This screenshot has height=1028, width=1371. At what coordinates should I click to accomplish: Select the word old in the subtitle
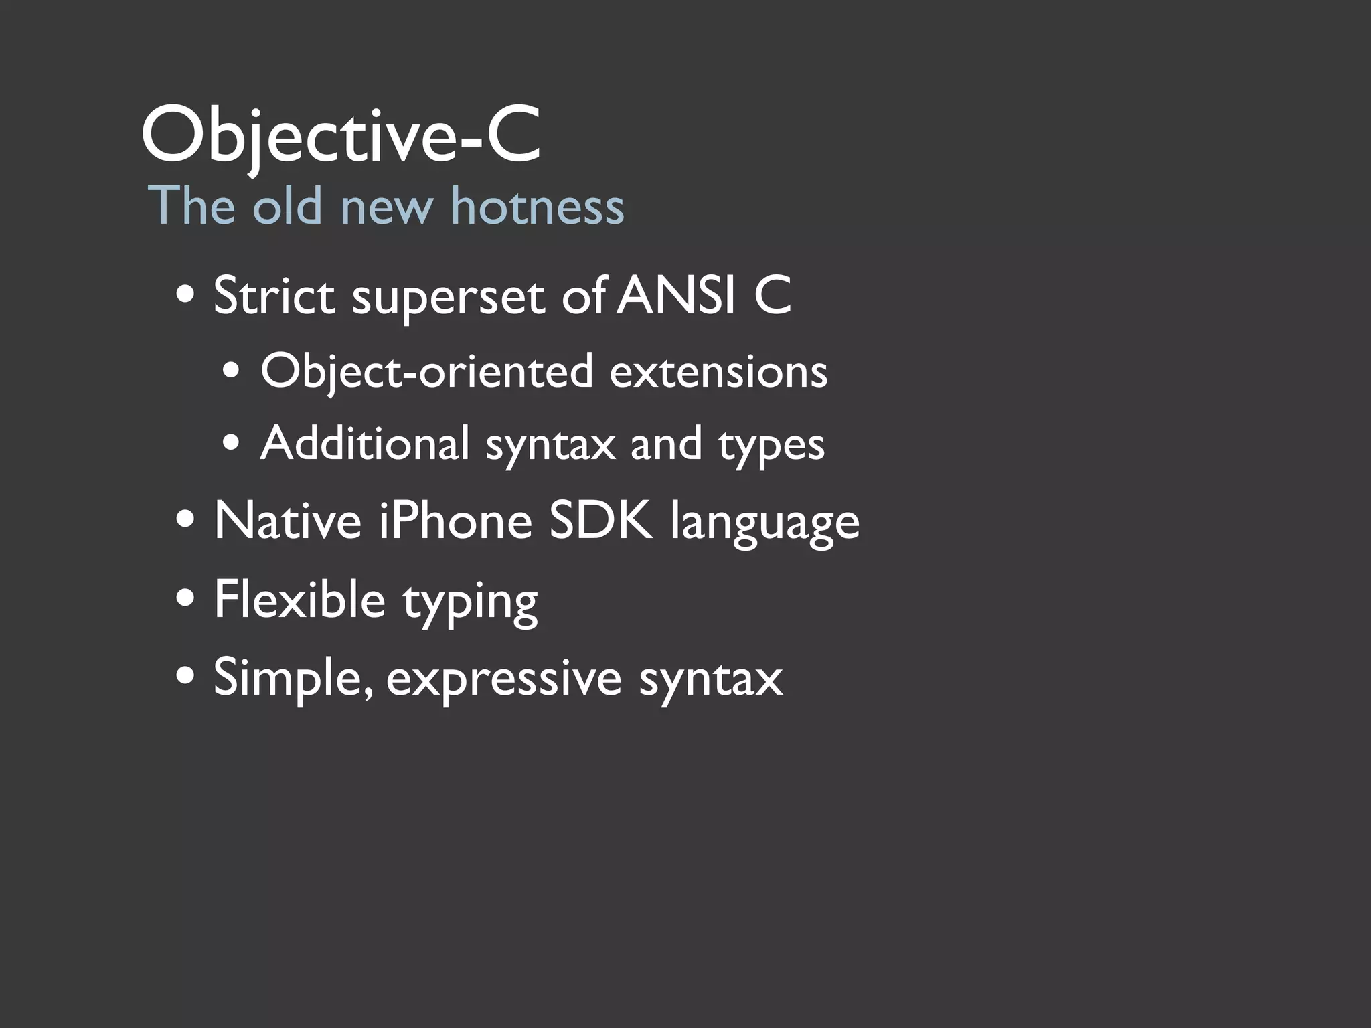pos(287,205)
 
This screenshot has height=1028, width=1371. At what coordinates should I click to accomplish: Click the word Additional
pos(365,444)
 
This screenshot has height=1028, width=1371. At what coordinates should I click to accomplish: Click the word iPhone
pos(455,521)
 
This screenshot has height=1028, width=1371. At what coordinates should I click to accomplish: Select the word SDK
pos(600,521)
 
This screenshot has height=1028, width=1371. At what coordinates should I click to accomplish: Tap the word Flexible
pos(299,599)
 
